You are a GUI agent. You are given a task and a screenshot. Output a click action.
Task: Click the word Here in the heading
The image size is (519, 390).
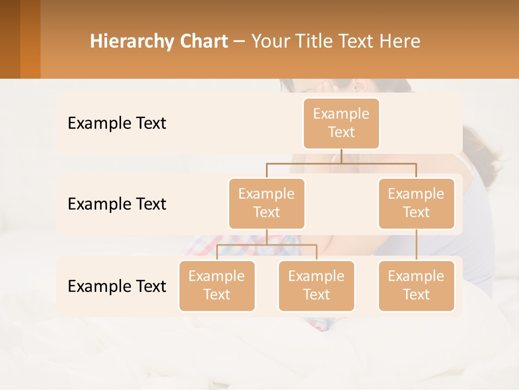pyautogui.click(x=400, y=42)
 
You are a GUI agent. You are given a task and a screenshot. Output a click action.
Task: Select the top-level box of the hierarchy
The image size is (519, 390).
pyautogui.click(x=341, y=123)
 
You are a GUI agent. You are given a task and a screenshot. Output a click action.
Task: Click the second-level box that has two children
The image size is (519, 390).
pyautogui.click(x=267, y=204)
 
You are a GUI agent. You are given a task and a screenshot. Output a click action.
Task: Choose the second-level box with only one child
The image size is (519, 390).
pyautogui.click(x=416, y=204)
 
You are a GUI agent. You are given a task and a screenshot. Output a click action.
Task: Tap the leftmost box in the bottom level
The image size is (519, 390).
pyautogui.click(x=217, y=286)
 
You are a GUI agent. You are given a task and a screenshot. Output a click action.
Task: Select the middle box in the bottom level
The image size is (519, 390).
pyautogui.click(x=316, y=286)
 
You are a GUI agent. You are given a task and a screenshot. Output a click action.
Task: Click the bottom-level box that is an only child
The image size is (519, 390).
pyautogui.click(x=416, y=286)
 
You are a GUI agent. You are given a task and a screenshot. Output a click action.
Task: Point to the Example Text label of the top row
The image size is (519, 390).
pyautogui.click(x=117, y=123)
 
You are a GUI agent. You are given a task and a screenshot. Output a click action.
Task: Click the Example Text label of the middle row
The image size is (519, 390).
pyautogui.click(x=117, y=204)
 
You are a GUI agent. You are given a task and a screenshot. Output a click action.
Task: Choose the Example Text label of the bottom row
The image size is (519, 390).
pyautogui.click(x=117, y=286)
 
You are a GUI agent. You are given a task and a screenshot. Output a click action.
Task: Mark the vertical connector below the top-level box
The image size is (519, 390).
pyautogui.click(x=341, y=156)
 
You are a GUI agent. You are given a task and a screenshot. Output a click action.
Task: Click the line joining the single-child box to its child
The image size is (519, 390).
pyautogui.click(x=416, y=245)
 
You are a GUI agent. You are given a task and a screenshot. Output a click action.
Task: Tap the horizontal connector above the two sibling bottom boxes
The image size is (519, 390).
pyautogui.click(x=267, y=245)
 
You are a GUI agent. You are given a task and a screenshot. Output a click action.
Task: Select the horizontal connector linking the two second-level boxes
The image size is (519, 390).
pyautogui.click(x=341, y=163)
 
